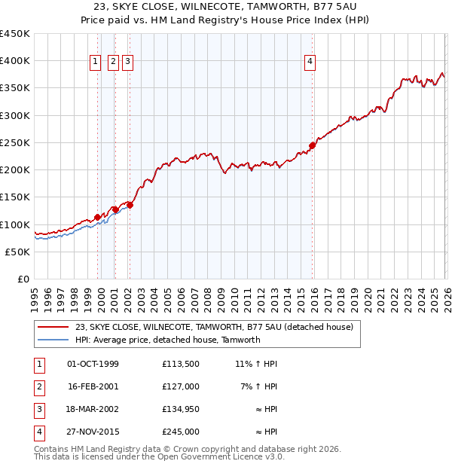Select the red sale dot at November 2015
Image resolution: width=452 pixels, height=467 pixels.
313,145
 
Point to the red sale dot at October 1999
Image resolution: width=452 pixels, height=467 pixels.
98,217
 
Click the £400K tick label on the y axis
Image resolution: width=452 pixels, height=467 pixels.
15,61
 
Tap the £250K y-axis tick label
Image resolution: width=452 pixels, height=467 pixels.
15,142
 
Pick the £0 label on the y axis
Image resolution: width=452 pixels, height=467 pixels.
23,279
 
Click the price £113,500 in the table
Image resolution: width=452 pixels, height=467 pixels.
180,364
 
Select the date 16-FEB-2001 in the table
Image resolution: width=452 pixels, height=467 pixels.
93,386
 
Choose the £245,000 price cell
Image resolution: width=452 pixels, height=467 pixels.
180,432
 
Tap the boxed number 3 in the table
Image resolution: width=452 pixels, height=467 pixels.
38,409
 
